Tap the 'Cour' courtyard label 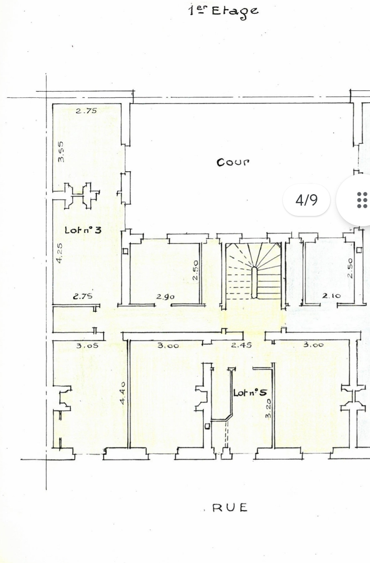[x=233, y=162]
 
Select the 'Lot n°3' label [x=83, y=230]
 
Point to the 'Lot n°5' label [x=250, y=393]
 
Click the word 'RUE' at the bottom [x=230, y=508]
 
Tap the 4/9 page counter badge [x=306, y=200]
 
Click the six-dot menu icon [x=362, y=200]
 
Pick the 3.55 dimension [x=61, y=152]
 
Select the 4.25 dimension [x=59, y=253]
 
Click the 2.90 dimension [x=165, y=297]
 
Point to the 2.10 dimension [x=331, y=296]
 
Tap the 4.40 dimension [x=122, y=393]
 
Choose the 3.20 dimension [x=268, y=409]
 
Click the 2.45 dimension [x=241, y=345]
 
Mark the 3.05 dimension [x=87, y=346]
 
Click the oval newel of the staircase [x=254, y=282]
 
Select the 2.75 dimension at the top [x=86, y=111]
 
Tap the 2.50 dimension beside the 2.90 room [x=196, y=270]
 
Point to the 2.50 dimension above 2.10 [x=350, y=268]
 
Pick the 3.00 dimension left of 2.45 [x=168, y=346]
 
